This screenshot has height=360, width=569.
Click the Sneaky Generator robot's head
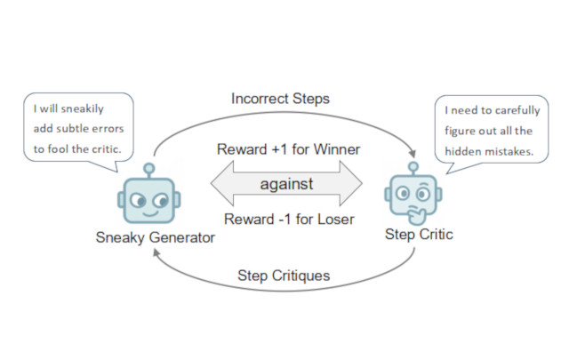click(x=148, y=201)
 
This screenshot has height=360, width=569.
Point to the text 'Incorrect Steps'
click(x=281, y=99)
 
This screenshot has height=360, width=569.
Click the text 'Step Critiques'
click(x=284, y=275)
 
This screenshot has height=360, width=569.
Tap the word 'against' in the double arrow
click(x=285, y=185)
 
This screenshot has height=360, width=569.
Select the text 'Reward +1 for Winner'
click(x=286, y=149)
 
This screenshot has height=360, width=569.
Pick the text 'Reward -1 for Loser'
click(x=286, y=220)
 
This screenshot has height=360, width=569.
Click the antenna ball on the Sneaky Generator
click(x=148, y=166)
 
